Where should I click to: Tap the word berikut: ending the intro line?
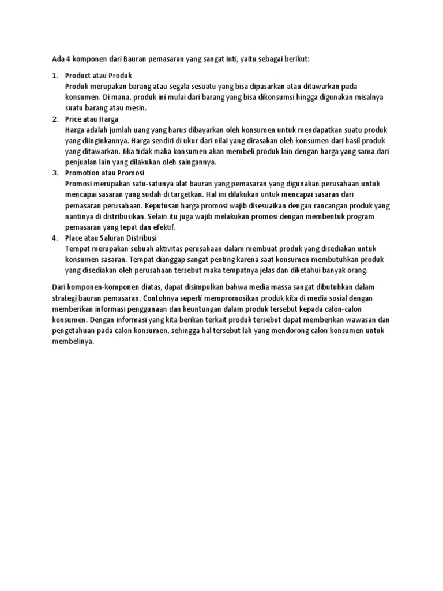tap(294, 59)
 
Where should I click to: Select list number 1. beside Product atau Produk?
tap(55, 76)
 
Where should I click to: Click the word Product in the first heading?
tap(78, 76)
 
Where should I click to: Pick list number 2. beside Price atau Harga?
tap(55, 119)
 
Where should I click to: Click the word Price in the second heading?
tap(74, 119)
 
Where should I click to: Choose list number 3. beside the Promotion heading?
tap(55, 173)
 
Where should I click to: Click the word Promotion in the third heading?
tap(82, 173)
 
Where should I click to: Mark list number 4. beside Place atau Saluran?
tap(55, 238)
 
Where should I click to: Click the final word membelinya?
tap(72, 341)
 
